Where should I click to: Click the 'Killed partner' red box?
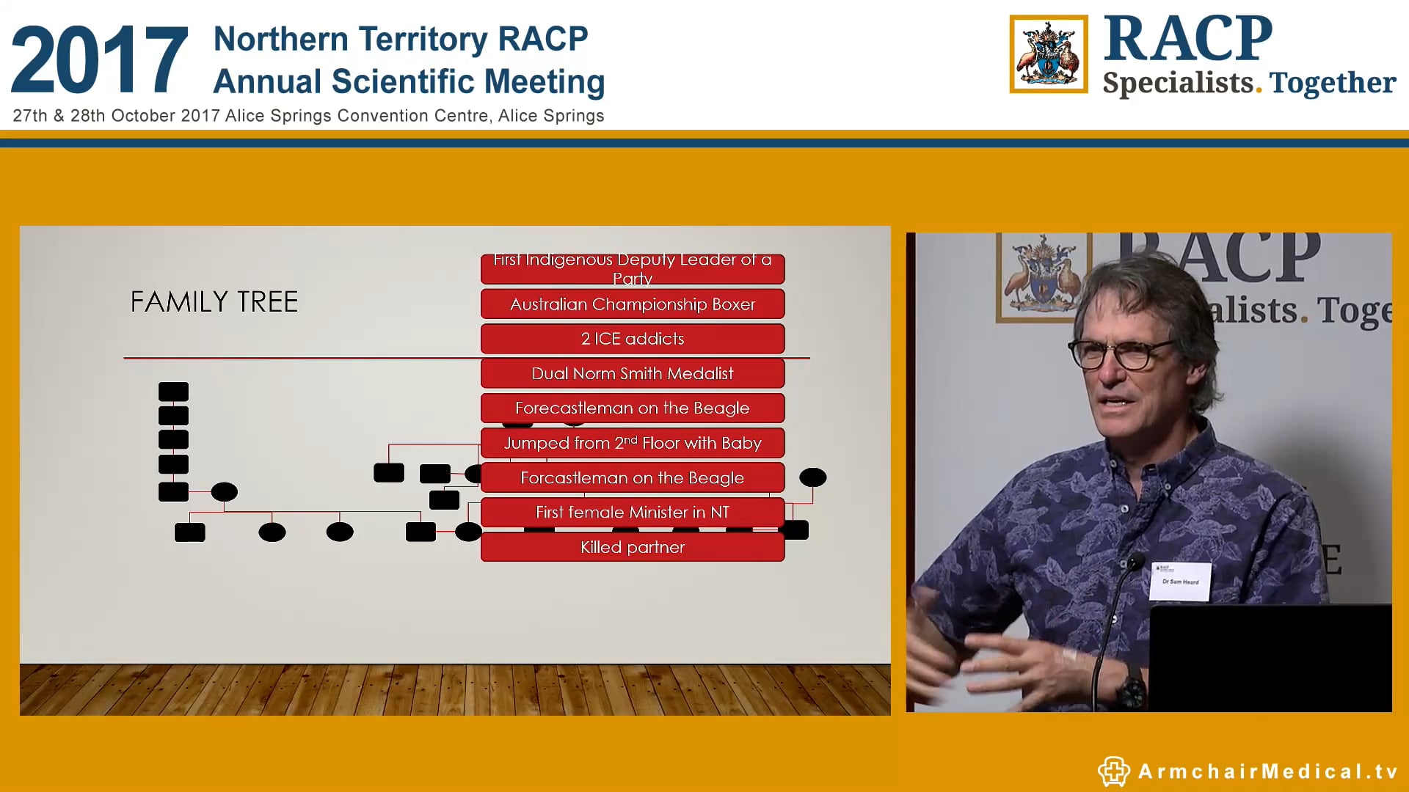[632, 547]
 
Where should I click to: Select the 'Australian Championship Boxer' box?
[632, 304]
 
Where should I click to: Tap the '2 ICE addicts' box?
[632, 339]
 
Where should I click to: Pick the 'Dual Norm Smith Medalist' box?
[632, 373]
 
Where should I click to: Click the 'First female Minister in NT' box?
[632, 512]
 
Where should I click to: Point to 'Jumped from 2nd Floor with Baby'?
[632, 443]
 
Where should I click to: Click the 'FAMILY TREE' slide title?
[214, 302]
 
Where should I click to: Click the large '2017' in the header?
[100, 60]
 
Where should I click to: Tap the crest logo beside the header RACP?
[1048, 54]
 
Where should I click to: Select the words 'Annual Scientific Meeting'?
[409, 81]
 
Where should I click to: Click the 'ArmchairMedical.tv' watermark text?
[1267, 771]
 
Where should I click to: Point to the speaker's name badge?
[1180, 581]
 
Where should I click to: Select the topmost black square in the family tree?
[174, 392]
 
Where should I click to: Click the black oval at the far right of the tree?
[812, 477]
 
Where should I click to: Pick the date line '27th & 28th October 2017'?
[117, 116]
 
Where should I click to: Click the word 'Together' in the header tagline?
[1332, 83]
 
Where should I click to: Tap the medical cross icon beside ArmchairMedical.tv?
[1113, 771]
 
